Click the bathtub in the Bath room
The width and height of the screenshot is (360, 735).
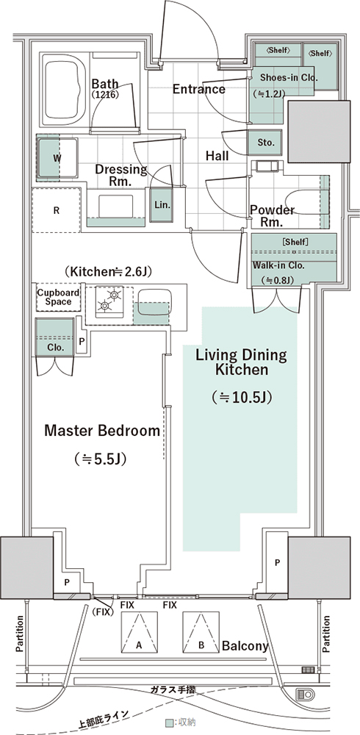[64, 89]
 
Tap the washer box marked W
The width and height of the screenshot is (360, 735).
[56, 159]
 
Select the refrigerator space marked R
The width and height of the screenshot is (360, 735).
[57, 210]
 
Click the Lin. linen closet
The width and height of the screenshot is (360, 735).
[162, 204]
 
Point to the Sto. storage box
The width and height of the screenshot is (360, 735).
[265, 143]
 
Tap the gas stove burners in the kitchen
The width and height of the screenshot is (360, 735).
[109, 301]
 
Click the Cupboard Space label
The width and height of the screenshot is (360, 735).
[58, 297]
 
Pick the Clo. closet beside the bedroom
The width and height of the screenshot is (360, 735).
[55, 337]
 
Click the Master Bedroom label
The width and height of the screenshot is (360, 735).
[102, 431]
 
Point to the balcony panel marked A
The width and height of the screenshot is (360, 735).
[139, 632]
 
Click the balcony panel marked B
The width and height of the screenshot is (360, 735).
[201, 632]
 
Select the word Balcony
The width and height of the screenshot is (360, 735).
[245, 646]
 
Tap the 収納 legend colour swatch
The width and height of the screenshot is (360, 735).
[169, 723]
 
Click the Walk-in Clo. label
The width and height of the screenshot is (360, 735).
[279, 265]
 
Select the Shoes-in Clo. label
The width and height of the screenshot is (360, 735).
[289, 77]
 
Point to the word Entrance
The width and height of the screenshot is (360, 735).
[199, 89]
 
